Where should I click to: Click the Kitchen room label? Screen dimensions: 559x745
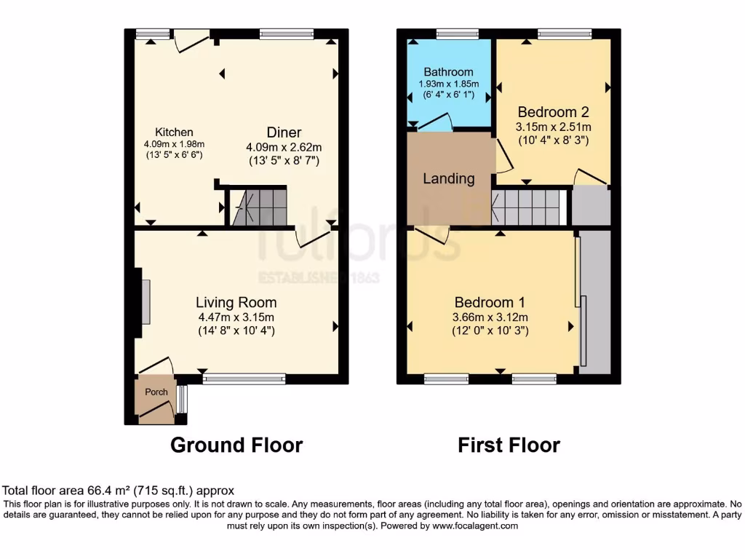coord(175,132)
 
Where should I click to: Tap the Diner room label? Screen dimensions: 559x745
coord(283,132)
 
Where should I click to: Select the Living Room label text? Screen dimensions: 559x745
coord(236,302)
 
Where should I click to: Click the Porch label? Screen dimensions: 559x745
coord(156,392)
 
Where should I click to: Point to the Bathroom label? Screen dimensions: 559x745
coord(448,72)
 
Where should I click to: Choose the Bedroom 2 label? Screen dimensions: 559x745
coord(553,112)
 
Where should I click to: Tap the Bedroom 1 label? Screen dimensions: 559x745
coord(490,302)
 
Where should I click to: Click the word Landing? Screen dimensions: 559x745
coord(449,178)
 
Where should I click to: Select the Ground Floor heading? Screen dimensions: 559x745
coord(236,445)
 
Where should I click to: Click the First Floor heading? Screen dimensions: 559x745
coord(509,445)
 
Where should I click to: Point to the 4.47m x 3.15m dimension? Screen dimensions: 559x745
coord(236,317)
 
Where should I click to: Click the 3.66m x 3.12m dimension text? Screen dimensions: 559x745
coord(490,317)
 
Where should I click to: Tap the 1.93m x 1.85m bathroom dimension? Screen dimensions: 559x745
coord(448,84)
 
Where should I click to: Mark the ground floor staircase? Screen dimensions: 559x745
coord(258,207)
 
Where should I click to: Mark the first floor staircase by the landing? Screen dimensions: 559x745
coord(529,207)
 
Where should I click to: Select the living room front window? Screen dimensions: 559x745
coord(244,378)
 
